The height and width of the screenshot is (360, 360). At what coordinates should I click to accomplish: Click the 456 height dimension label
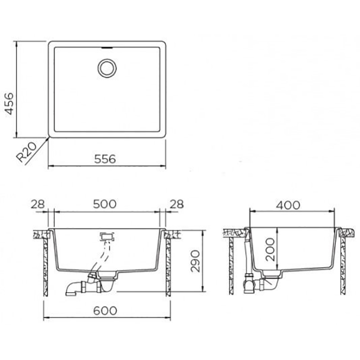click(x=9, y=103)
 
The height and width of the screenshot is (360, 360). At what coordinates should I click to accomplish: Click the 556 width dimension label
click(x=105, y=159)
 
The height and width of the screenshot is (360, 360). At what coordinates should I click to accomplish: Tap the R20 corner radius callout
click(x=27, y=152)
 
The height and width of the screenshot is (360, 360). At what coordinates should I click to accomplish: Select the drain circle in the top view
click(x=107, y=68)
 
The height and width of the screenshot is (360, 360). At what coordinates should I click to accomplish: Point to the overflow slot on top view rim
click(x=107, y=48)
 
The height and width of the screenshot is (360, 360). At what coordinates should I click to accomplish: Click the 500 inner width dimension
click(x=105, y=204)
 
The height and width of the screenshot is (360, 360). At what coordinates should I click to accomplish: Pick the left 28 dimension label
click(x=38, y=204)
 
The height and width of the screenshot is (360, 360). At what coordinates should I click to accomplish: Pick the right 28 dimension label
click(x=176, y=204)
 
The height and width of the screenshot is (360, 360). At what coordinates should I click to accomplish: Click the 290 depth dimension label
click(x=196, y=261)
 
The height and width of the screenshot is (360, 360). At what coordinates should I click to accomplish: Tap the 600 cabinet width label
click(x=105, y=310)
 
